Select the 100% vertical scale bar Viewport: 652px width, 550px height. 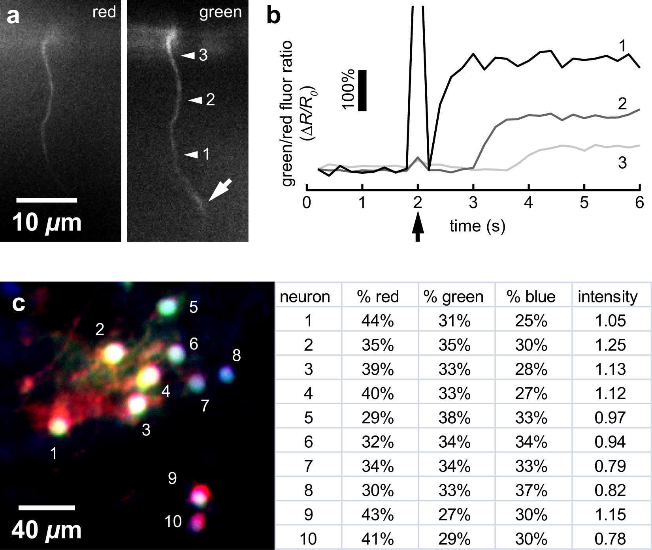point(362,91)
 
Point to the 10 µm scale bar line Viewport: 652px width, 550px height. point(47,200)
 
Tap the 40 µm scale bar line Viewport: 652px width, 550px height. point(47,507)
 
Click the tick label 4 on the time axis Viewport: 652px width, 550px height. point(528,203)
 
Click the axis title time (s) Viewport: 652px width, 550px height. point(477,226)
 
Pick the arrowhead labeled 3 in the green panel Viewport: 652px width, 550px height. point(188,56)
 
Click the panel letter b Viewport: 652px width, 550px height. point(273,17)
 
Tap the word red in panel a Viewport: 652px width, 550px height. point(104,12)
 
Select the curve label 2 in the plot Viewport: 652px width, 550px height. point(622,104)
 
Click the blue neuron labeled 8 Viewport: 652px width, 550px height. point(226,374)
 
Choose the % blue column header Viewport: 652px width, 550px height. point(531,297)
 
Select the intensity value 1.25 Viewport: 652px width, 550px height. point(610,345)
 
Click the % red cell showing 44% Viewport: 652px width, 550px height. point(377,321)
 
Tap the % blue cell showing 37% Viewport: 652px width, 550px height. point(531,490)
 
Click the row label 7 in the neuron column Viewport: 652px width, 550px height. point(308,466)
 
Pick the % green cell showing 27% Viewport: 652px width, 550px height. point(454,514)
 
